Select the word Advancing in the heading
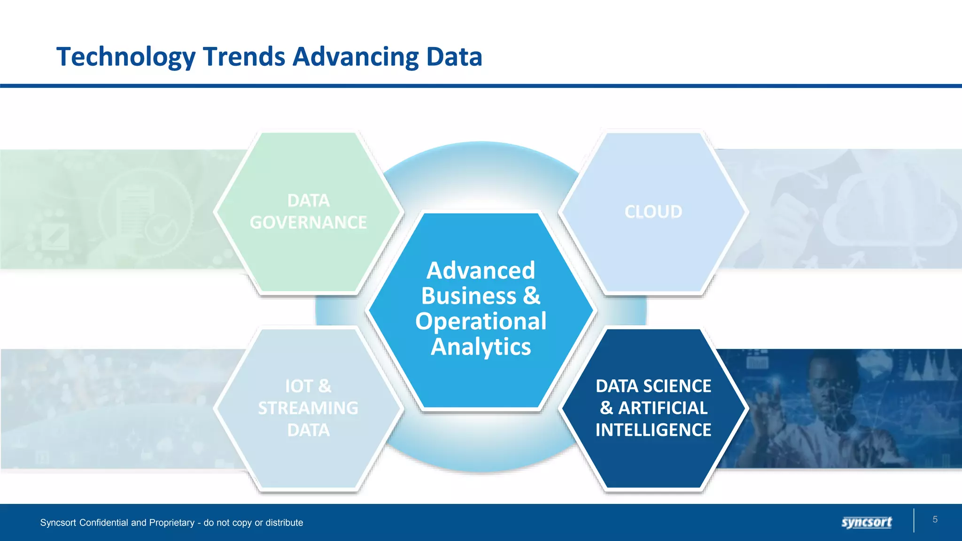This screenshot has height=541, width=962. [356, 57]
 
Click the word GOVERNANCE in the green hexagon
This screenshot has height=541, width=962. [308, 223]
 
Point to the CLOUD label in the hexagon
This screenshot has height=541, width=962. [653, 212]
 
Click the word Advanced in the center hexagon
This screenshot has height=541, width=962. [481, 271]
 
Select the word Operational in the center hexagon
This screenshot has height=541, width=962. [481, 322]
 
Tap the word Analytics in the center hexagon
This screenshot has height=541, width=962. [481, 347]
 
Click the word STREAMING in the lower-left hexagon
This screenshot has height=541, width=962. [308, 408]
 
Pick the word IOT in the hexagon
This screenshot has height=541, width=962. [299, 386]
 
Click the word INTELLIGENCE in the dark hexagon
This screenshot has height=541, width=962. [653, 430]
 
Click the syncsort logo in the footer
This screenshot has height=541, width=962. [866, 522]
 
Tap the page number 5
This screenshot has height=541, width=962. [935, 519]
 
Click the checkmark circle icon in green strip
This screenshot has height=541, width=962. [161, 230]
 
